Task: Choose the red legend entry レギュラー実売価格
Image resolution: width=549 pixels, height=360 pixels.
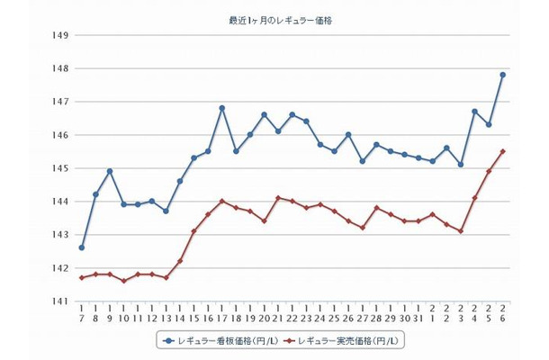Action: click(346, 341)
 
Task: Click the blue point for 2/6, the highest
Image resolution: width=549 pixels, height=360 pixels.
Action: click(502, 75)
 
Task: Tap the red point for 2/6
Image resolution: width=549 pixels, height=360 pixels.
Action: click(502, 151)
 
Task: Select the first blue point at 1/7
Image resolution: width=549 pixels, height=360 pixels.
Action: click(82, 247)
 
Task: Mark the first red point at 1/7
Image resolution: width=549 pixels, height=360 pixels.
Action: click(82, 277)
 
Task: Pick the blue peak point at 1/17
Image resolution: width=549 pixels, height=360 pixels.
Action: click(221, 108)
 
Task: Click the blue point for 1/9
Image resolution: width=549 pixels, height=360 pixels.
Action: click(110, 171)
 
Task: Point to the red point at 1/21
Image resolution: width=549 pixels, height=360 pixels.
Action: click(278, 198)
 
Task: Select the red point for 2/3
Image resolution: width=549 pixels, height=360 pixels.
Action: click(461, 231)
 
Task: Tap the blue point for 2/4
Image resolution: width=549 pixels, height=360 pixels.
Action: click(474, 112)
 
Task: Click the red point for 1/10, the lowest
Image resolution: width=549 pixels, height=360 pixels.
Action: click(123, 281)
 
